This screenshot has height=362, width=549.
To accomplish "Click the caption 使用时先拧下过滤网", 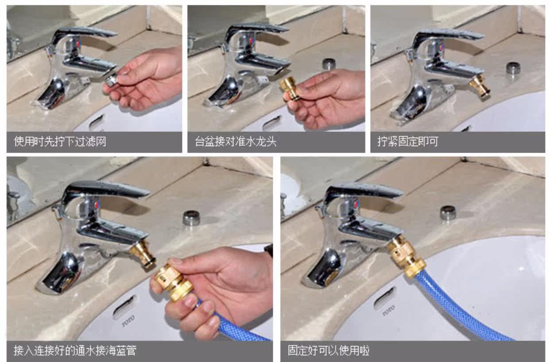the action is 60,142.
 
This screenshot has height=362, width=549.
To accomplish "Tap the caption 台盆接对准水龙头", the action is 236,142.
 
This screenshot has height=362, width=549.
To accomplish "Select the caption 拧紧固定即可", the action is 408,142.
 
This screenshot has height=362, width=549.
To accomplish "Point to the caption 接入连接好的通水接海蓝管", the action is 75,350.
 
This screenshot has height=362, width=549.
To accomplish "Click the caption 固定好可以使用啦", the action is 329,350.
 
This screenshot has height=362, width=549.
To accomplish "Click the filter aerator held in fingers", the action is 112,79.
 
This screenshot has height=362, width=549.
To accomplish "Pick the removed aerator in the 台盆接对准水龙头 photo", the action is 329,64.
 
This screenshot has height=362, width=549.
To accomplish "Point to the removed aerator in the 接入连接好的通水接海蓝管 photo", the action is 191,218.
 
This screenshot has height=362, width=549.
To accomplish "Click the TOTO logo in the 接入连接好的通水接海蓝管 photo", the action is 128,320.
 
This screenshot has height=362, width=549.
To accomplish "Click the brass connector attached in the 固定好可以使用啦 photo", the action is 406,255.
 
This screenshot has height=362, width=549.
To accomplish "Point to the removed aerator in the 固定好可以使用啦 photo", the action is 448,212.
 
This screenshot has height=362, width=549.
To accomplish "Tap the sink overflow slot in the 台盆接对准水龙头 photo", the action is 271,123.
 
